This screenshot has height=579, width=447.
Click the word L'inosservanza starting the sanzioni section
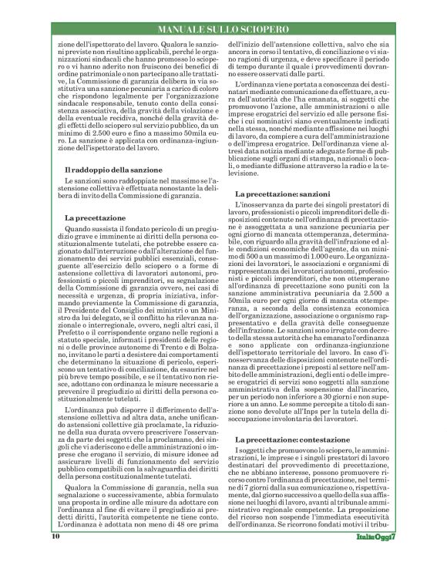click(260, 206)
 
